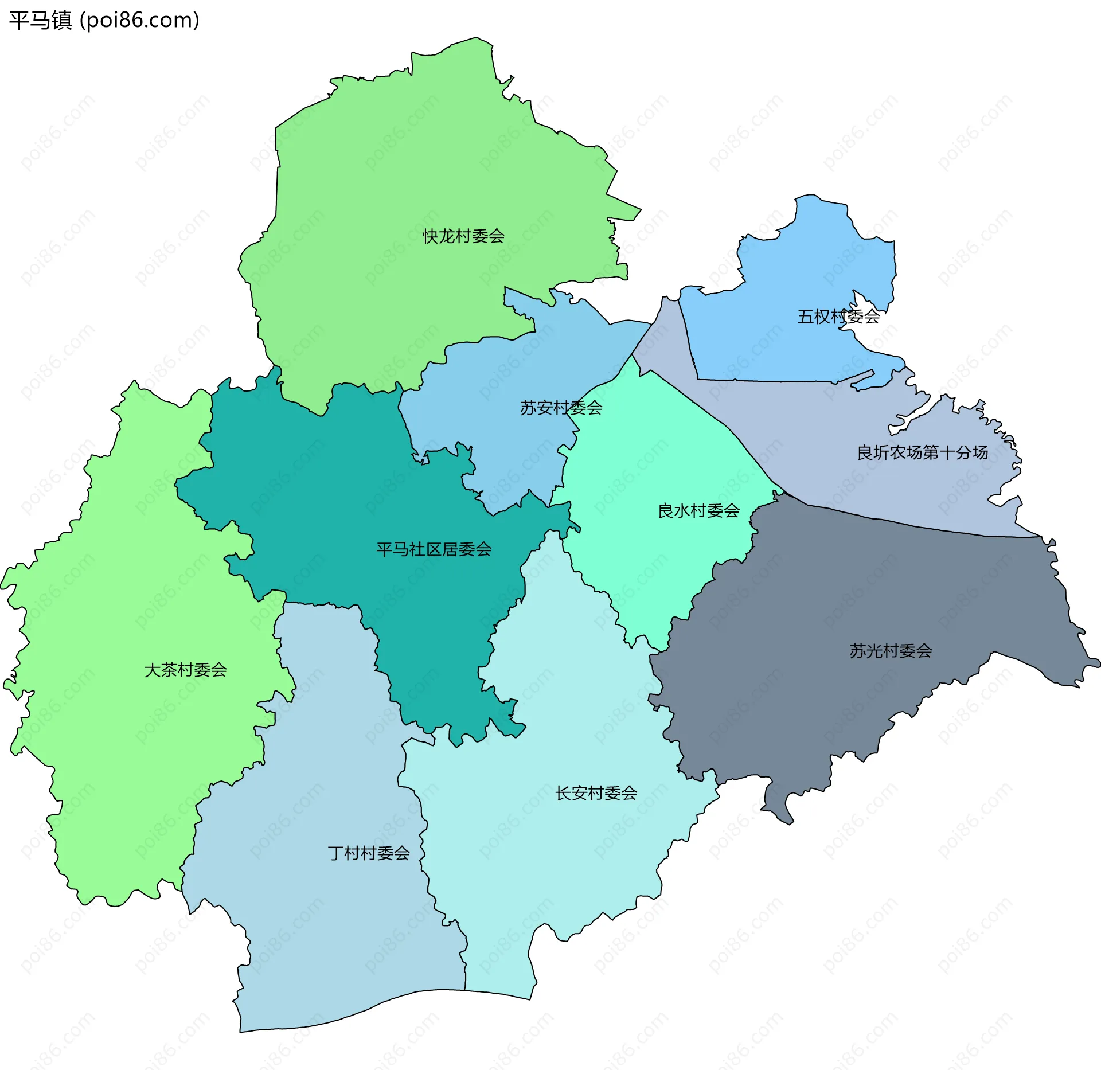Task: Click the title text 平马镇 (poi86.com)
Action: tap(104, 20)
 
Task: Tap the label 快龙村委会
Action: tap(463, 236)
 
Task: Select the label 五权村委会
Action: tap(838, 317)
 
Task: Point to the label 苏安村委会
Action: tap(561, 408)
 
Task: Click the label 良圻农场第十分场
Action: tap(922, 452)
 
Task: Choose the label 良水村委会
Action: tap(698, 510)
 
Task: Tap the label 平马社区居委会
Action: tap(434, 549)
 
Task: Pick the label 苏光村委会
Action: tap(891, 651)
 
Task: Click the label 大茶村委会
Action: tap(185, 670)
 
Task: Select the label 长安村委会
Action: tap(596, 793)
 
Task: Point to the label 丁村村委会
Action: tap(369, 853)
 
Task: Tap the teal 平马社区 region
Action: tap(344, 505)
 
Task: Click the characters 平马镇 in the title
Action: tap(40, 20)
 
